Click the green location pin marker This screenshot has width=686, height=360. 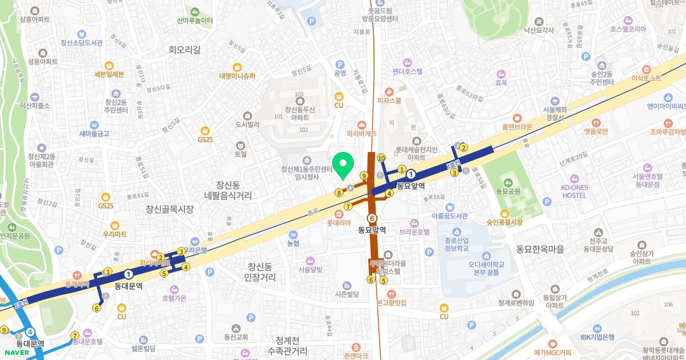343,166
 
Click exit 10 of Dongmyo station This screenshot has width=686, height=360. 381,158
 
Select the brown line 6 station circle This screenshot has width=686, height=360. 372,218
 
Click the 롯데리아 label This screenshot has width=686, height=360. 340,223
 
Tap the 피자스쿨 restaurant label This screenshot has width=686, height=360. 389,100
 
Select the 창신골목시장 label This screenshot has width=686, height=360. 169,209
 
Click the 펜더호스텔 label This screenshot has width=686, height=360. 408,71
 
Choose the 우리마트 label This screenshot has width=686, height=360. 115,234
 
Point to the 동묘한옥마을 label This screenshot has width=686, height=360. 540,249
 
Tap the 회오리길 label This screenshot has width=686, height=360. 185,50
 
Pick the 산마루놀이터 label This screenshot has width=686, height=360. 195,21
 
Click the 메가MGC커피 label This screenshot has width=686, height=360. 552,352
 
